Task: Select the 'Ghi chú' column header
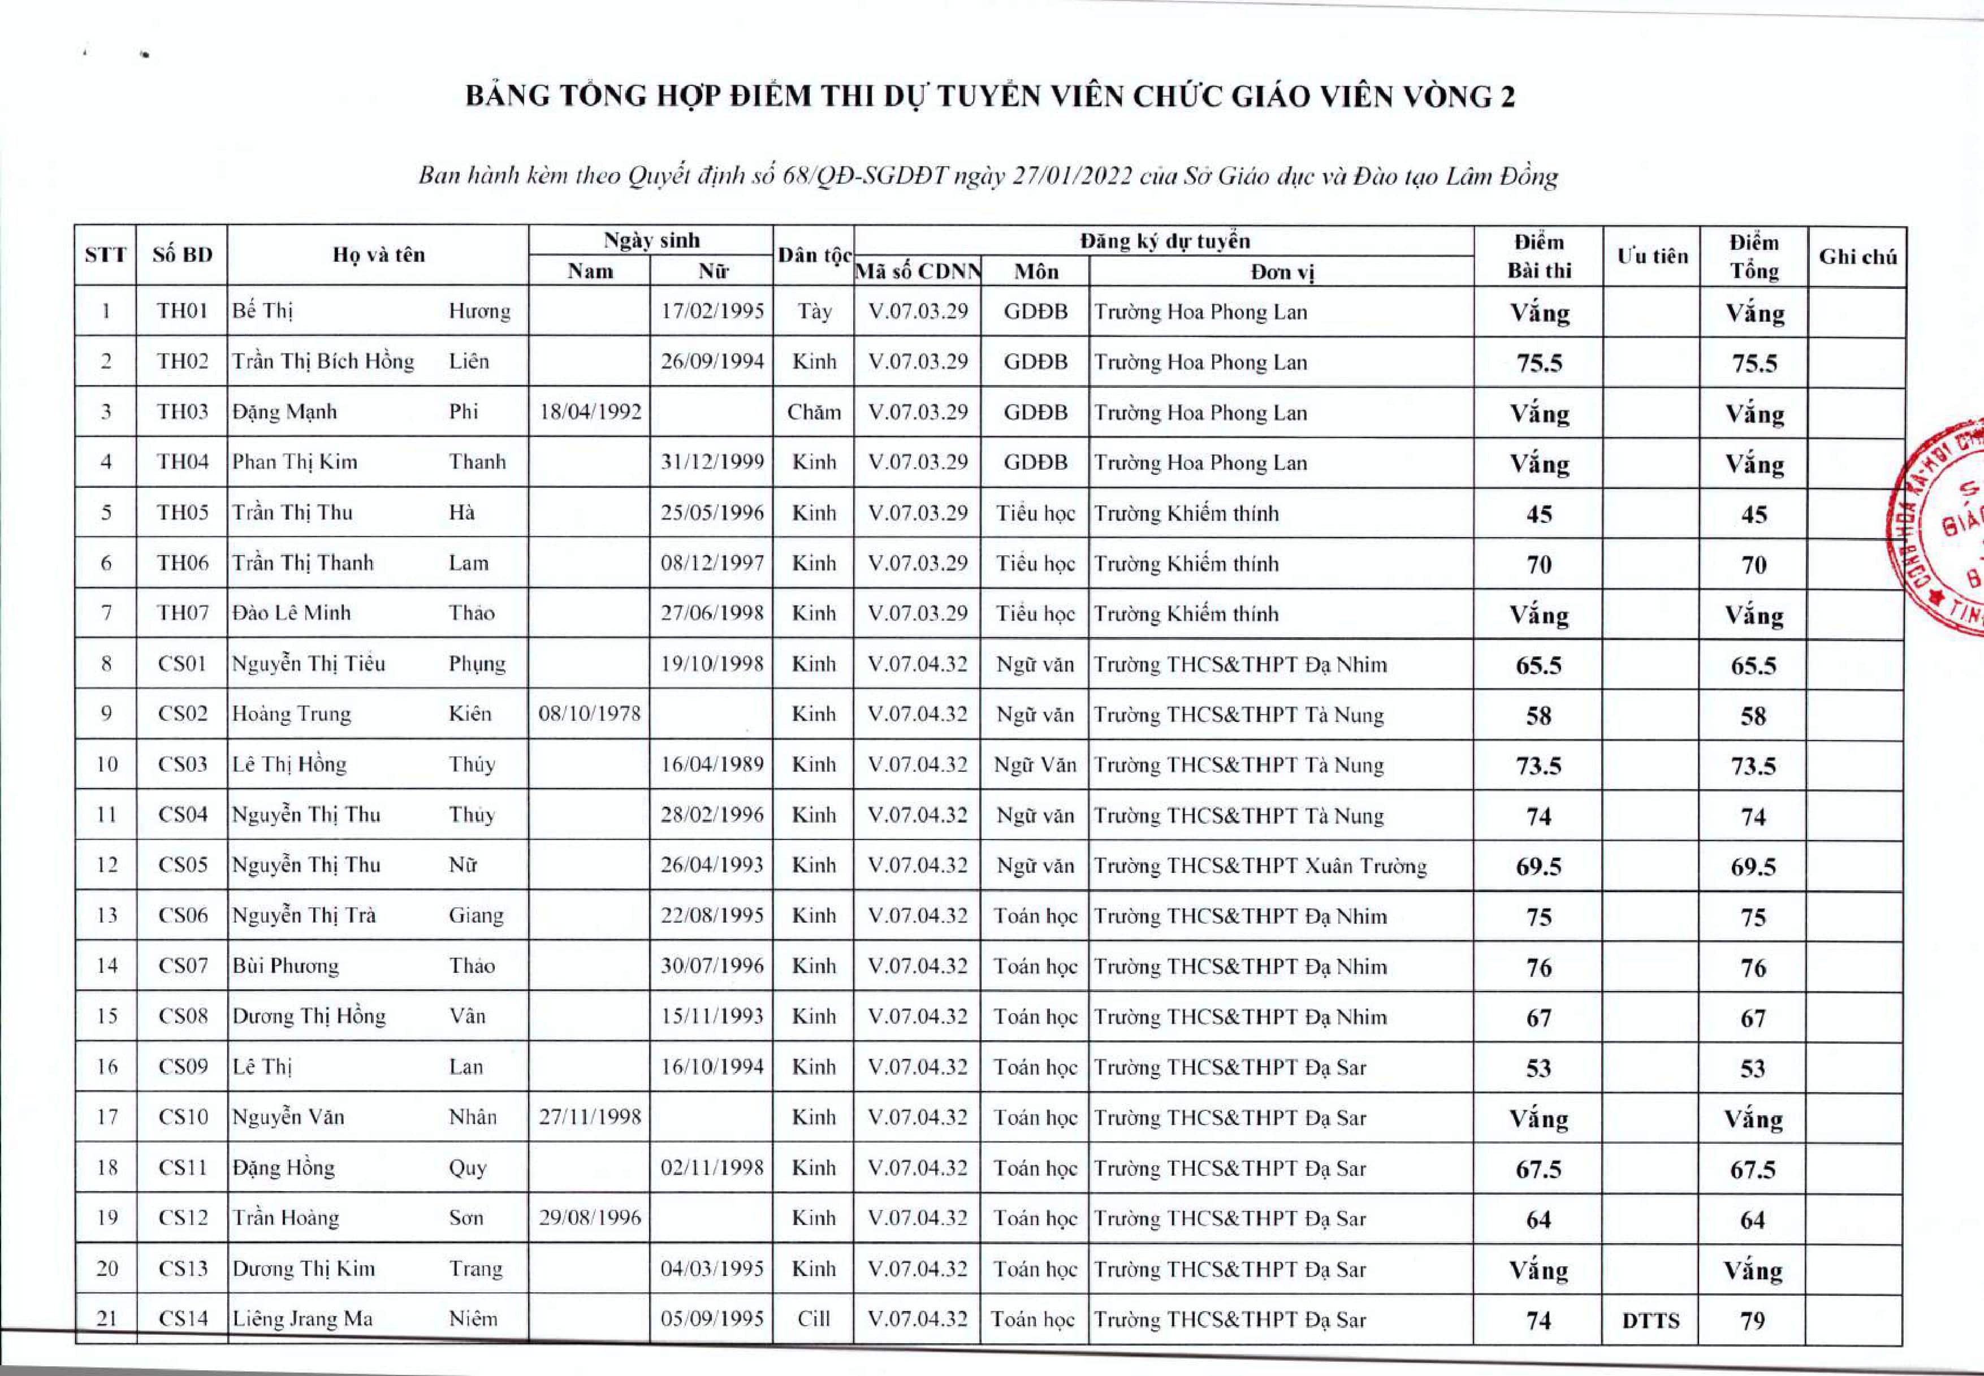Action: pyautogui.click(x=1857, y=256)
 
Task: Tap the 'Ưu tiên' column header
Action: pyautogui.click(x=1651, y=256)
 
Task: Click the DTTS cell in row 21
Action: pyautogui.click(x=1650, y=1321)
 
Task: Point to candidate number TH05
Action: pyautogui.click(x=182, y=512)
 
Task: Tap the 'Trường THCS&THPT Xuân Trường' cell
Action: pyautogui.click(x=1260, y=866)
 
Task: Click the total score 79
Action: pyautogui.click(x=1753, y=1321)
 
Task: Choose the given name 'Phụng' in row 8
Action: pyautogui.click(x=477, y=663)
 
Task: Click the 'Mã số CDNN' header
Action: pyautogui.click(x=918, y=271)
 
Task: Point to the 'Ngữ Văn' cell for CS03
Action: pyautogui.click(x=1035, y=765)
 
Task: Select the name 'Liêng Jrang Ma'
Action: pyautogui.click(x=302, y=1319)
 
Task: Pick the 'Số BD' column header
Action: pyautogui.click(x=182, y=254)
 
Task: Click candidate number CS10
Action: pyautogui.click(x=183, y=1117)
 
